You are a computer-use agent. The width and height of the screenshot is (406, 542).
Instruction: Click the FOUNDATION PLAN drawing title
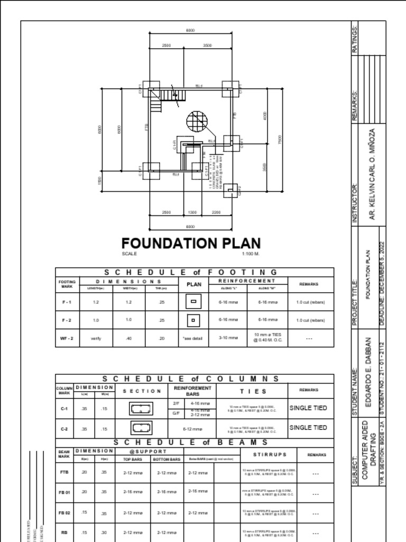[x=191, y=243]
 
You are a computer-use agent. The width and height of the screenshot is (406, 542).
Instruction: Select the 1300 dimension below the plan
[x=192, y=212]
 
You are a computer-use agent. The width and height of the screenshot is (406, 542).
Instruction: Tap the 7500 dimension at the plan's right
[x=280, y=140]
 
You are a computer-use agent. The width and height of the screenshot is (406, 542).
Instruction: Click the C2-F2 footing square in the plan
[x=231, y=191]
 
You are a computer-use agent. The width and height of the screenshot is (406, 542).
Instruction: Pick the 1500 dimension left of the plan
[x=99, y=180]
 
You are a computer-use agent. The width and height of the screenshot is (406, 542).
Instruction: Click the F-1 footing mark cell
[x=67, y=302]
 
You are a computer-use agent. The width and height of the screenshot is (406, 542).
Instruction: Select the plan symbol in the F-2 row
[x=193, y=320]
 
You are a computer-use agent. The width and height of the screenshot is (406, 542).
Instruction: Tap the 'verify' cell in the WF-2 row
[x=96, y=338]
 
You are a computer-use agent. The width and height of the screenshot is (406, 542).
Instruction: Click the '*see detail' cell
[x=193, y=338]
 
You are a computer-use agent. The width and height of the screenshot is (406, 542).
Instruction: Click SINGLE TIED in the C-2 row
[x=308, y=428]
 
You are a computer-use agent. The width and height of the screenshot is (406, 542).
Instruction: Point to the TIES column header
[x=250, y=391]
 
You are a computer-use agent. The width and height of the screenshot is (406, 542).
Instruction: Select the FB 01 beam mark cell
[x=64, y=492]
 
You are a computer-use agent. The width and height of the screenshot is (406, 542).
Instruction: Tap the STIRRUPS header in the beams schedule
[x=270, y=454]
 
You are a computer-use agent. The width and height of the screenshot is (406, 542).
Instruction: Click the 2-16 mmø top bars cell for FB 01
[x=133, y=492]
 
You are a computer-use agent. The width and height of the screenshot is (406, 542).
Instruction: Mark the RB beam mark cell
[x=64, y=532]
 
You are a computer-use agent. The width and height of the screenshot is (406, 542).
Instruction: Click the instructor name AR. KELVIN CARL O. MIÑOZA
[x=373, y=174]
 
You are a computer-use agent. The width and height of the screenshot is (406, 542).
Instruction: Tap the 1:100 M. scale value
[x=251, y=254]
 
